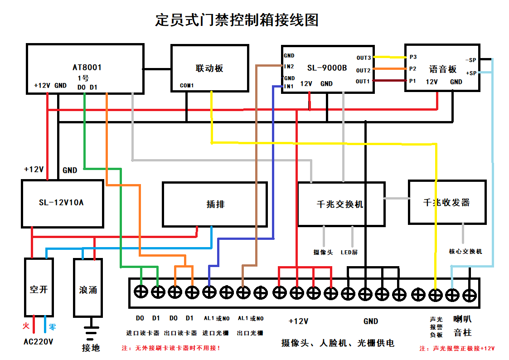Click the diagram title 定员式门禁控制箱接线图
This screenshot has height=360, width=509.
click(237, 20)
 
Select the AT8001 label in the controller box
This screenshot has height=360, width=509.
click(87, 68)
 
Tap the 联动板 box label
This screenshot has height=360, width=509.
click(209, 68)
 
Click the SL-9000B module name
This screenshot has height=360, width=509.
click(327, 68)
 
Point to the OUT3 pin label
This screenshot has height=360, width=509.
click(363, 58)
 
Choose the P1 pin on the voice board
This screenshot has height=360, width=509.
click(412, 81)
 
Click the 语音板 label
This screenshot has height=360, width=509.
click(443, 69)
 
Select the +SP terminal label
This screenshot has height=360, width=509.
click(471, 73)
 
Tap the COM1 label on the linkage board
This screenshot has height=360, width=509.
click(187, 85)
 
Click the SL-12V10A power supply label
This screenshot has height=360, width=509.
click(61, 203)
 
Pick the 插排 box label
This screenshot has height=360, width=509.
click(215, 204)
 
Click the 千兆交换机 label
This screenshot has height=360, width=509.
click(340, 204)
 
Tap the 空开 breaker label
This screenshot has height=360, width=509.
click(39, 289)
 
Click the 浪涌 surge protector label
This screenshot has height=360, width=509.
click(88, 289)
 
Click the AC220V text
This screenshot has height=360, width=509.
click(38, 341)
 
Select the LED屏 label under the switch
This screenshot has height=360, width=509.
click(349, 252)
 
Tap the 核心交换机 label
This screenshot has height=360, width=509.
click(465, 251)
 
